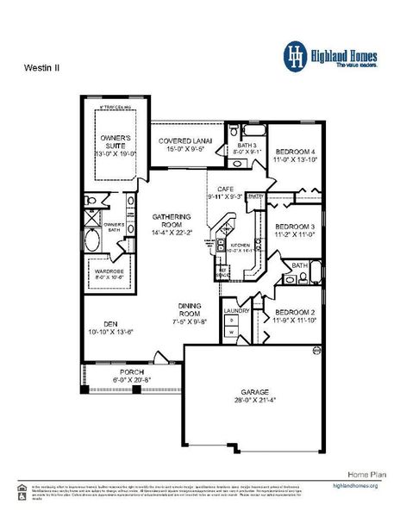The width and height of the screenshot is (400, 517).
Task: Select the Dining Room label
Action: coord(190,308)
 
